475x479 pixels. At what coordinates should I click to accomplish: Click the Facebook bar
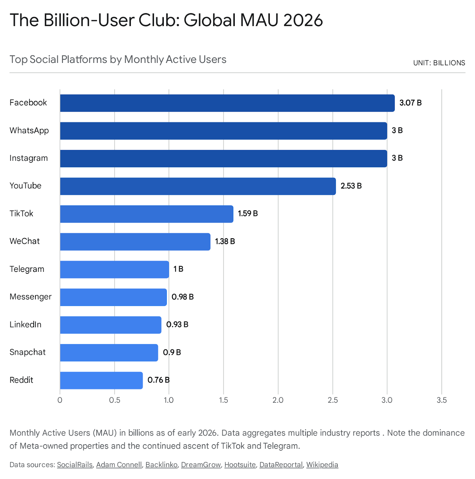[227, 103]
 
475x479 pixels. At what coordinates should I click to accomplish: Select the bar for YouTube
[198, 186]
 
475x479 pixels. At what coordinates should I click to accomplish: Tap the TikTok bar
[146, 214]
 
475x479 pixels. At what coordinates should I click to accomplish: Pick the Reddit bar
[101, 380]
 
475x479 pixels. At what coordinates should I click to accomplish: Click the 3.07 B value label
[410, 103]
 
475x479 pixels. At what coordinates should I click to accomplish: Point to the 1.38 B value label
[225, 241]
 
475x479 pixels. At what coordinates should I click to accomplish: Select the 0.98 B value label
[182, 297]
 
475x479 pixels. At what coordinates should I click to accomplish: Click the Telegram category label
[27, 269]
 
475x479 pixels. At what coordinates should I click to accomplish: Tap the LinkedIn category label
[25, 325]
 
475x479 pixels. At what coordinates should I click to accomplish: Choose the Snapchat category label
[28, 352]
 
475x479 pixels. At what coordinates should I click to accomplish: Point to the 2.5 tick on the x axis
[332, 400]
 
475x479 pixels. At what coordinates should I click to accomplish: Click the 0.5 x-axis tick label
[114, 400]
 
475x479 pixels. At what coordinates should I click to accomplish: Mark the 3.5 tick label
[441, 400]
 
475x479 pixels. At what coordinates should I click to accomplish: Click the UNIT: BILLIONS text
[439, 63]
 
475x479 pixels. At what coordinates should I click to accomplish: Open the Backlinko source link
[161, 465]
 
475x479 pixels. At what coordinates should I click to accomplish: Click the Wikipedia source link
[322, 465]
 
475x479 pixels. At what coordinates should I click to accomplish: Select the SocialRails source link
[75, 465]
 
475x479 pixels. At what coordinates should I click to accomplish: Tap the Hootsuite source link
[240, 465]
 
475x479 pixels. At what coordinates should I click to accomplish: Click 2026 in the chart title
[303, 20]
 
